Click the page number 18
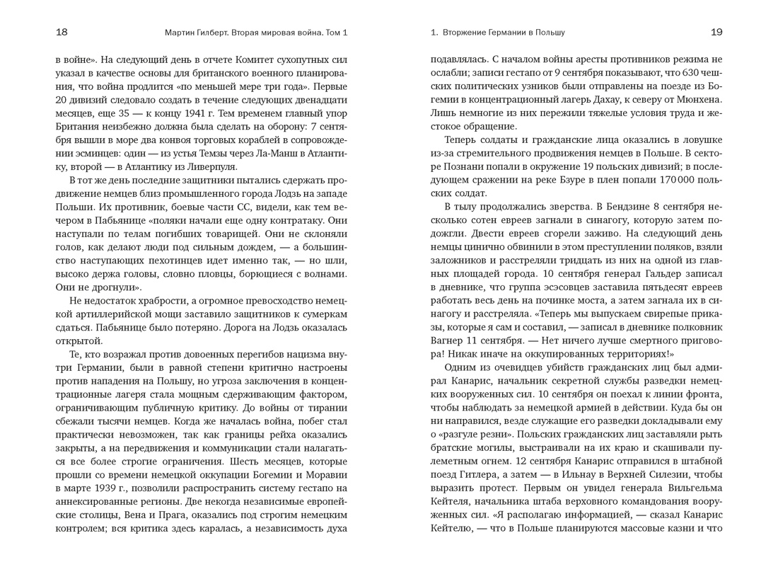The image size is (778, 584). tap(62, 33)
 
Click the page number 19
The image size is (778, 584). tap(716, 33)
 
